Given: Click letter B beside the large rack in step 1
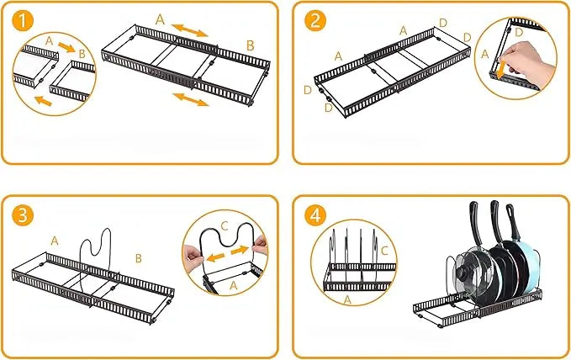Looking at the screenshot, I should (250, 45).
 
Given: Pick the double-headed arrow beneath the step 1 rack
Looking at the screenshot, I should (192, 100).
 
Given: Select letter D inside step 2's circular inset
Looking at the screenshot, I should (518, 32).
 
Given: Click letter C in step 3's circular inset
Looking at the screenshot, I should (225, 226).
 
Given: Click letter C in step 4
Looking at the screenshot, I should (384, 251).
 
